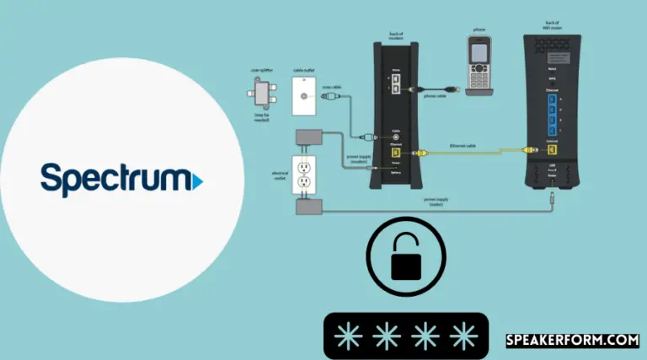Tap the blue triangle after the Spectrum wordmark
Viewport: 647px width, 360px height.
pyautogui.click(x=197, y=180)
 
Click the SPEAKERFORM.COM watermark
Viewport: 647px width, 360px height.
pyautogui.click(x=572, y=341)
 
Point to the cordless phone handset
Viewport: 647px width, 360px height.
pyautogui.click(x=479, y=62)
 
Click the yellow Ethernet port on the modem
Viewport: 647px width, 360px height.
pyautogui.click(x=395, y=153)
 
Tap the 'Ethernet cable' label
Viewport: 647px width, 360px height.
pyautogui.click(x=462, y=146)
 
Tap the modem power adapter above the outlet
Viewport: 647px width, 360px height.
pyautogui.click(x=303, y=138)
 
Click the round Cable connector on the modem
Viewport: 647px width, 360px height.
pyautogui.click(x=395, y=134)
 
